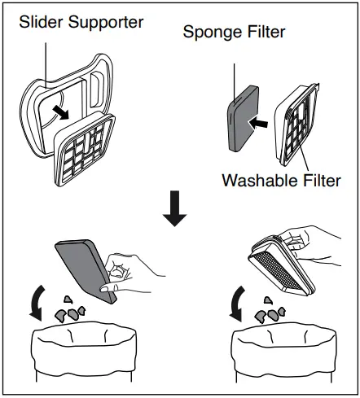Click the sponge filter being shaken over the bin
pyautogui.click(x=83, y=265)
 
